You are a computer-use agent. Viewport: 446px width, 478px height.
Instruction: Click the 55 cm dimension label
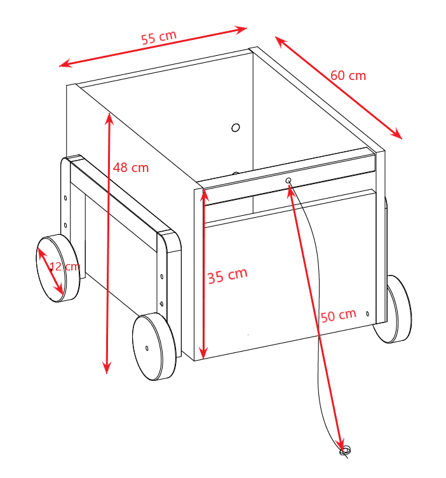159,37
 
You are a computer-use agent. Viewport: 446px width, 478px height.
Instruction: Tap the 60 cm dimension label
348,76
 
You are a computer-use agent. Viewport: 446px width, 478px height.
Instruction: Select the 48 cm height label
131,168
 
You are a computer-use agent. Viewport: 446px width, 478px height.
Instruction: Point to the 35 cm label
227,276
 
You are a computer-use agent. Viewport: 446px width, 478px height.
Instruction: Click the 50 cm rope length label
339,316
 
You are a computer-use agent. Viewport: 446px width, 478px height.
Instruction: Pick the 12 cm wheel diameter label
65,267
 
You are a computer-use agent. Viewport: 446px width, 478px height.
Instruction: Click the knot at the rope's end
345,451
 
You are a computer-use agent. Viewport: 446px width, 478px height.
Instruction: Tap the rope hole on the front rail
288,181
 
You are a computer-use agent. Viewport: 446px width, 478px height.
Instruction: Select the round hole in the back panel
236,128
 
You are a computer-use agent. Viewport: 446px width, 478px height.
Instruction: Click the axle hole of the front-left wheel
147,348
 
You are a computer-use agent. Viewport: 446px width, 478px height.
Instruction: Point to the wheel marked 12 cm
58,269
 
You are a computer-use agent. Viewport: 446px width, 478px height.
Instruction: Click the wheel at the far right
393,309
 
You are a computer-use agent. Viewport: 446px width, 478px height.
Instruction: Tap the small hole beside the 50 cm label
367,314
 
